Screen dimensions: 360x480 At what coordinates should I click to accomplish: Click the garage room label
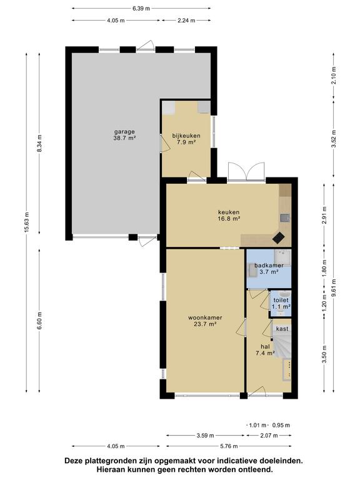pyautogui.click(x=124, y=135)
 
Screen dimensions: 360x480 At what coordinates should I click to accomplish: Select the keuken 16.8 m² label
pyautogui.click(x=229, y=215)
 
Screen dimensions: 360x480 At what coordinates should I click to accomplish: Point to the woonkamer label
pyautogui.click(x=205, y=321)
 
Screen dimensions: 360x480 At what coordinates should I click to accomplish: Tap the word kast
pyautogui.click(x=282, y=329)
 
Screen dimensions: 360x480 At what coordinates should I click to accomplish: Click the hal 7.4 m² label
pyautogui.click(x=265, y=349)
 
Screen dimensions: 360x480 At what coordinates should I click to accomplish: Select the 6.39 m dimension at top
pyautogui.click(x=141, y=9)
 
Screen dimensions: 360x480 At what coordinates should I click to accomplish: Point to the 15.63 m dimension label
pyautogui.click(x=27, y=222)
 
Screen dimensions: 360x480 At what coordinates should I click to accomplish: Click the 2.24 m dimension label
pyautogui.click(x=186, y=21)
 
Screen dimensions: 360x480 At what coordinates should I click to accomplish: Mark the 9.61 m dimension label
pyautogui.click(x=334, y=287)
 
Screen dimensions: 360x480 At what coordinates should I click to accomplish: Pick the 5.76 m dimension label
pyautogui.click(x=229, y=446)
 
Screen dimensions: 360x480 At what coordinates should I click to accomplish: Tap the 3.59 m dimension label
pyautogui.click(x=205, y=435)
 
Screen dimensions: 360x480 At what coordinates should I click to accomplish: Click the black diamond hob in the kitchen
pyautogui.click(x=279, y=238)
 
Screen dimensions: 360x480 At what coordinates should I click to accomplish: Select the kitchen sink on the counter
pyautogui.click(x=285, y=218)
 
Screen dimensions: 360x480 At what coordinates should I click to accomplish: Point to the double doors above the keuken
pyautogui.click(x=246, y=171)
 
